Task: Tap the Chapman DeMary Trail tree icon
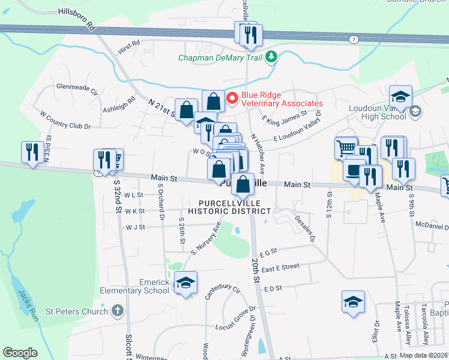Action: click(x=273, y=58)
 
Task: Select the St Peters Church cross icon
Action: click(x=117, y=311)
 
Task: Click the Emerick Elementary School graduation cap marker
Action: click(x=185, y=283)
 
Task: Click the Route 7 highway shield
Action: click(x=355, y=39)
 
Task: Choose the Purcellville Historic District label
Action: click(x=229, y=207)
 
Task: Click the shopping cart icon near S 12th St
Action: click(x=346, y=148)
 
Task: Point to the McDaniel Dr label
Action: click(x=432, y=226)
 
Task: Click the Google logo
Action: click(x=20, y=353)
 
